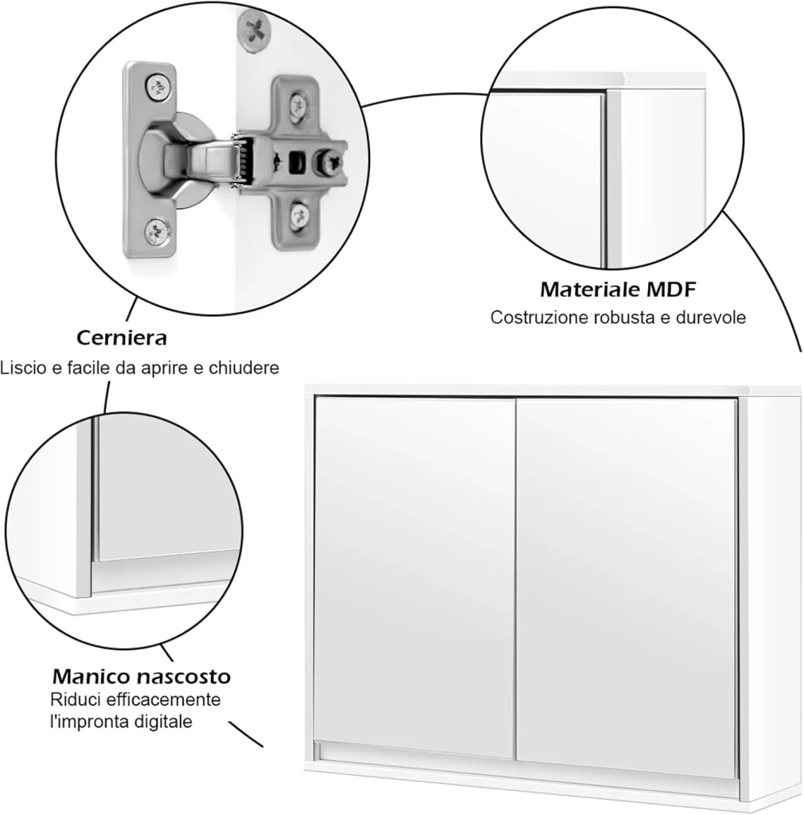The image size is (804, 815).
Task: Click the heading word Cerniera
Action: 122,337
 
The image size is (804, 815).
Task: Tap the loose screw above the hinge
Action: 254,31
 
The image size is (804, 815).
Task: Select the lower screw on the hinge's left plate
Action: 158,231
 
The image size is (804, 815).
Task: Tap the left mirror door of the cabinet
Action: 414,577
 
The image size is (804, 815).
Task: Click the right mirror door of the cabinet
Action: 627,587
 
